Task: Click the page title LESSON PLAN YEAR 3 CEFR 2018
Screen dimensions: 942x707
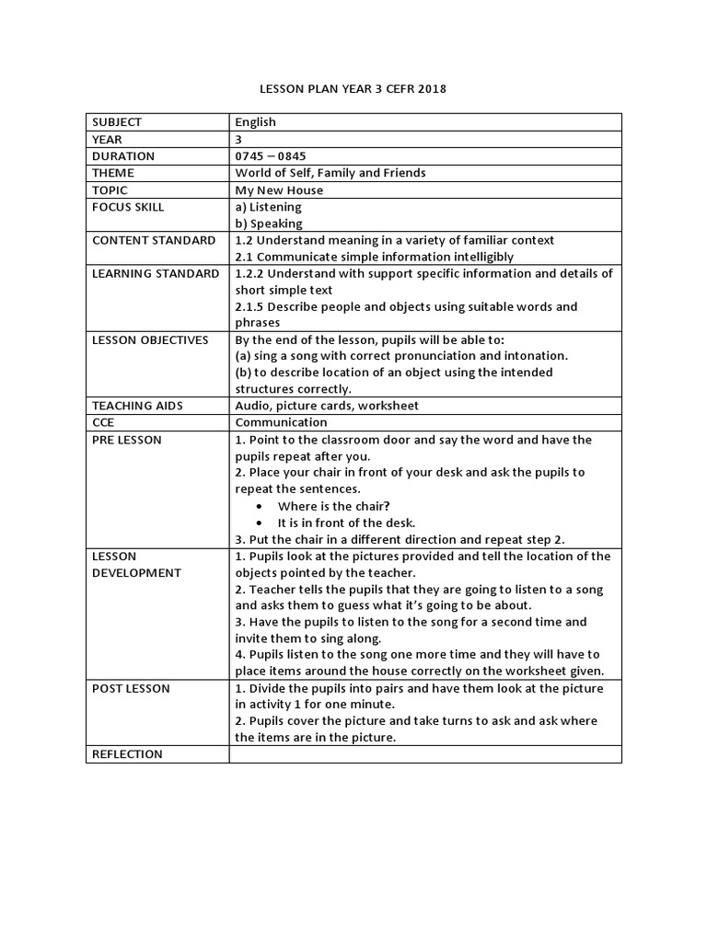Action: pos(353,89)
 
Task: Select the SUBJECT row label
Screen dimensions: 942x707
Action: pos(118,122)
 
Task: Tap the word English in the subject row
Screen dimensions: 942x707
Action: pos(255,122)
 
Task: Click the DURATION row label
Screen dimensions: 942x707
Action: pos(123,156)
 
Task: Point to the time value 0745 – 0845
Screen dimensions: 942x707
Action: pos(271,156)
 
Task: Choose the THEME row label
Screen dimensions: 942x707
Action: pos(113,173)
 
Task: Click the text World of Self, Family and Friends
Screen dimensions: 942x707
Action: pos(330,173)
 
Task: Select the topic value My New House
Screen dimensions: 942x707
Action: pos(279,190)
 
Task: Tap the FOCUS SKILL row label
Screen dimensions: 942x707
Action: pos(128,207)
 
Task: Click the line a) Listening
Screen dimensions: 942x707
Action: pos(268,207)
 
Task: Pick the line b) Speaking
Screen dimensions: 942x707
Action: pos(269,224)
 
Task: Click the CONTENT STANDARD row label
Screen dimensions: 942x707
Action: pos(154,240)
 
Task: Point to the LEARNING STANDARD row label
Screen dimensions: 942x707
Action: pos(156,273)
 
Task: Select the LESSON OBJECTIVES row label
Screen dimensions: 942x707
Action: pos(150,340)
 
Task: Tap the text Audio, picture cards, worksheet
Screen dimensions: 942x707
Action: pos(326,406)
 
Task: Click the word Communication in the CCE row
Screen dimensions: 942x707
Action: pos(281,422)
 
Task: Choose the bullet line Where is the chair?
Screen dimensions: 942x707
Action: pos(333,506)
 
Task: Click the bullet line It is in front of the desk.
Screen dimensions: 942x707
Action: pos(346,523)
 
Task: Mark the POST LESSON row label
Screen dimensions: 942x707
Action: pos(131,688)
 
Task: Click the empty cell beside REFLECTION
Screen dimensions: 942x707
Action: pos(425,754)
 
